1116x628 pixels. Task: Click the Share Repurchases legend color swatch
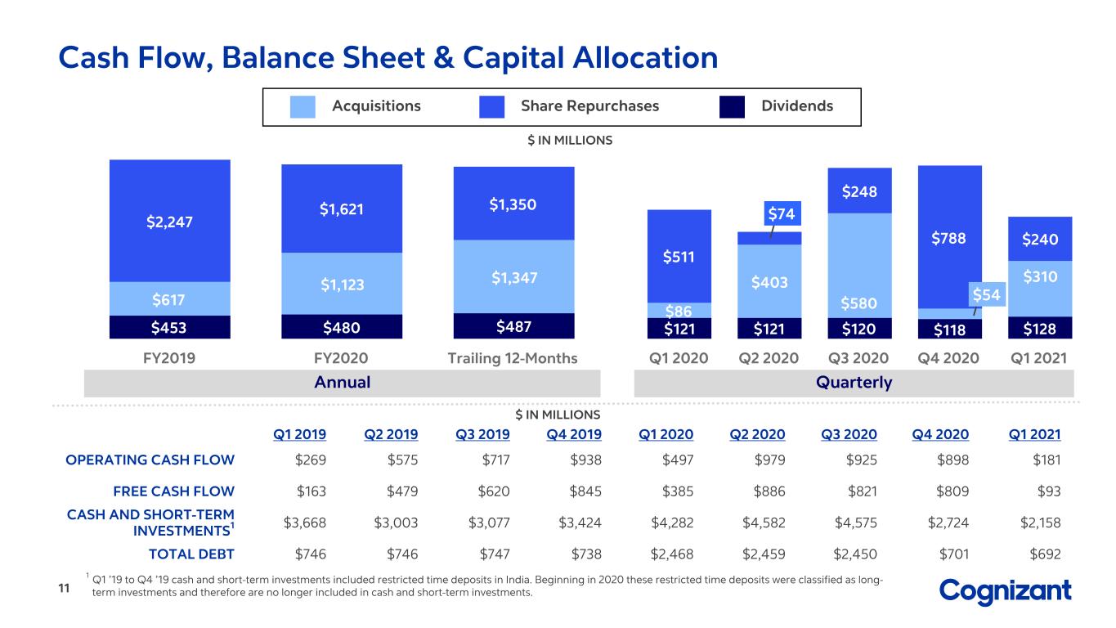coord(491,106)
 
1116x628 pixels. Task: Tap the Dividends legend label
coord(797,105)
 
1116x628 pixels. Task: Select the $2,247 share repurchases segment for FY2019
coord(170,221)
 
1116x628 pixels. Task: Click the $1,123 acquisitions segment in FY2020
coord(342,284)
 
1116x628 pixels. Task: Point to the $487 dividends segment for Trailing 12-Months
coord(513,326)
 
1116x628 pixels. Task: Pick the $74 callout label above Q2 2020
coord(782,213)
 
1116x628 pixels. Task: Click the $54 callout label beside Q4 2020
coord(987,294)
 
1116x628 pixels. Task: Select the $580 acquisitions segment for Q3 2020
coord(860,266)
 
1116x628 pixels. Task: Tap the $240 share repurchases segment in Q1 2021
coord(1040,239)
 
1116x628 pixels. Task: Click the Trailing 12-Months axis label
coord(513,358)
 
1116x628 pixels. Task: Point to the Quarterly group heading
coord(854,383)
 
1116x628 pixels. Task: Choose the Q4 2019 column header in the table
coord(574,435)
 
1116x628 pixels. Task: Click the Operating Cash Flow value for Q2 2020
coord(769,460)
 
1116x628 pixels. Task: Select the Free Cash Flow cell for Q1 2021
coord(1049,491)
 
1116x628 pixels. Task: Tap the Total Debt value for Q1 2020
coord(672,554)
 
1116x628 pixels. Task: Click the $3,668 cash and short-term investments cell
coord(305,523)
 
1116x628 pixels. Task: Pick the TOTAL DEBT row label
coord(191,554)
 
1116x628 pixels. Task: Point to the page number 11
coord(64,588)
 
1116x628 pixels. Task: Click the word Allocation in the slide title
coord(645,57)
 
